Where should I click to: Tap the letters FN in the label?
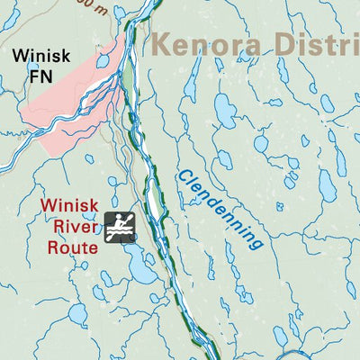coord(41,77)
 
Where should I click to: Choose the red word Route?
coord(72,245)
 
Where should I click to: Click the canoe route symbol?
coord(120,227)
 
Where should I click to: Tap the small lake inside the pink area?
coord(103,61)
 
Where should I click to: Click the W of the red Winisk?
coord(48,205)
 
